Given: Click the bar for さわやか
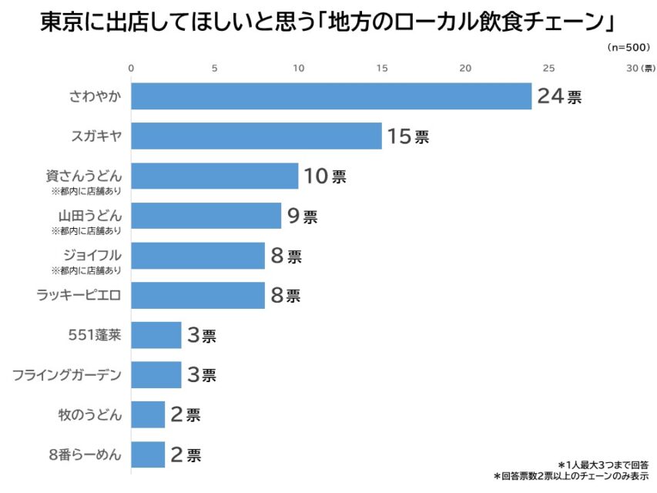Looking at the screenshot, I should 331,96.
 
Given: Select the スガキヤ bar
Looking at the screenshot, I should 256,136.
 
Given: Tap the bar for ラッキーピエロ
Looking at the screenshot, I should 198,295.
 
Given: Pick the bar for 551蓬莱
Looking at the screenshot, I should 156,335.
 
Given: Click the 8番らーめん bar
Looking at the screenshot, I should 148,454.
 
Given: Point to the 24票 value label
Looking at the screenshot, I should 559,97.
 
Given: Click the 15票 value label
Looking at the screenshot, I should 408,137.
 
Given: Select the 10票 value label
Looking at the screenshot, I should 325,176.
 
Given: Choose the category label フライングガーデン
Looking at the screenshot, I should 67,375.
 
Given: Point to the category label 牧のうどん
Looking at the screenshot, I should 90,414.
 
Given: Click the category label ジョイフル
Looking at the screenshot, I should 93,254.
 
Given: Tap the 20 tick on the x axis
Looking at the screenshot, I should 465,69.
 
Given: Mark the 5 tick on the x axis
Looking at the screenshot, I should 215,69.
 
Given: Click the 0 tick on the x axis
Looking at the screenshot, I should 132,69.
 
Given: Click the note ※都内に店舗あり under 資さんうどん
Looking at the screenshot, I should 86,190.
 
